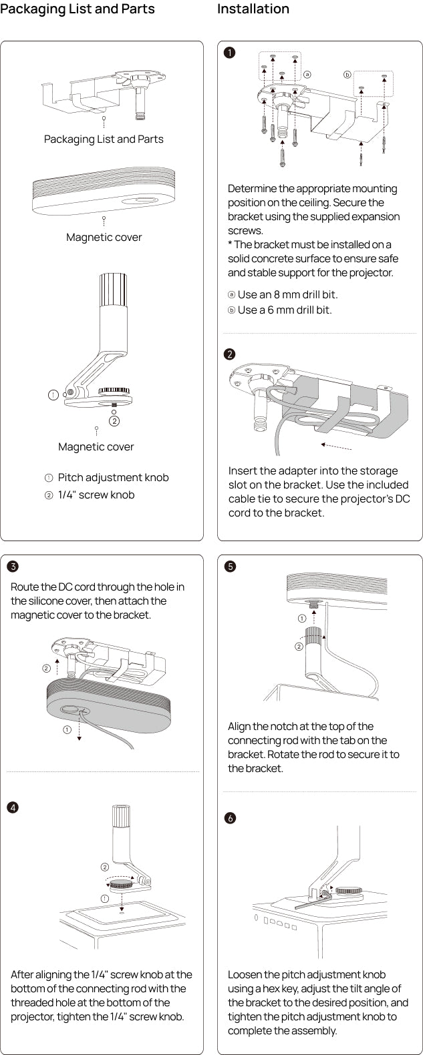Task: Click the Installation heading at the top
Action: click(x=253, y=9)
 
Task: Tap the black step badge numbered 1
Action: click(x=230, y=53)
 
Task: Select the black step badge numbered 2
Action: click(x=230, y=354)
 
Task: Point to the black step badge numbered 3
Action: click(x=13, y=567)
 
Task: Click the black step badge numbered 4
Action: click(x=13, y=807)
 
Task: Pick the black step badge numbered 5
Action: click(x=230, y=567)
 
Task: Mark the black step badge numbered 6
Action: click(x=230, y=818)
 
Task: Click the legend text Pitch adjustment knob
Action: click(x=113, y=478)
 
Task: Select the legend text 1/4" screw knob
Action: click(x=96, y=495)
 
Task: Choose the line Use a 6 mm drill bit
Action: click(x=284, y=310)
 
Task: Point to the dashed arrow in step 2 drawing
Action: click(x=336, y=446)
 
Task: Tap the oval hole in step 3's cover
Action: click(x=69, y=709)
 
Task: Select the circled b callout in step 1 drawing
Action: click(x=347, y=75)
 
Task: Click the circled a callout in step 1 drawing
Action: click(x=307, y=74)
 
